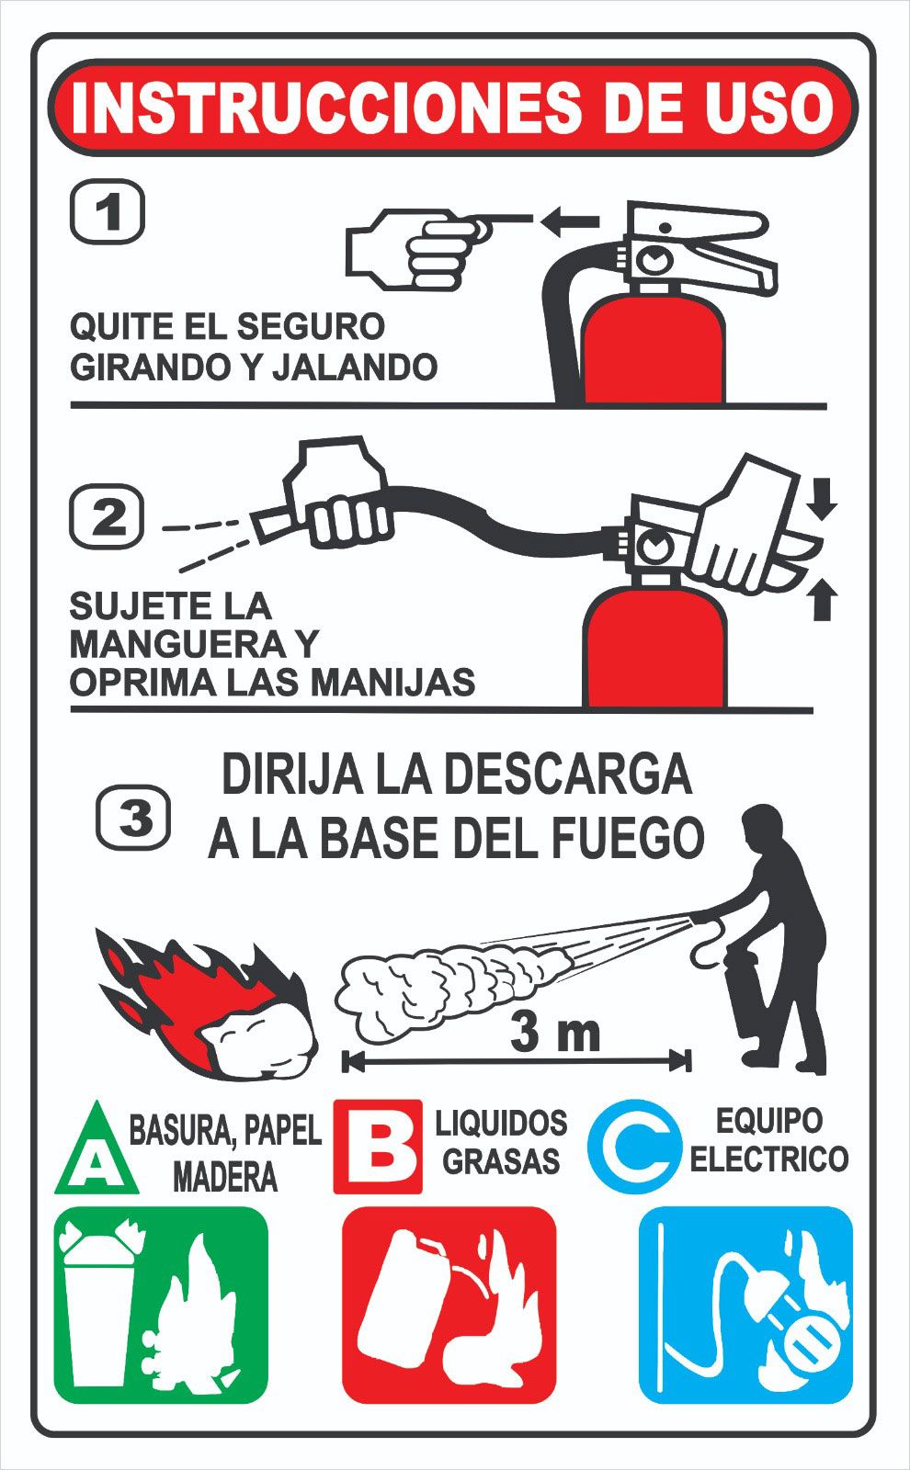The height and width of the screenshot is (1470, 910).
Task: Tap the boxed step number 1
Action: coord(107,212)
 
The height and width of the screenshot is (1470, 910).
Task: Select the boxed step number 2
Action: coord(107,515)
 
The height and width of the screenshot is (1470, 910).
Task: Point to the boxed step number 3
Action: coord(134,818)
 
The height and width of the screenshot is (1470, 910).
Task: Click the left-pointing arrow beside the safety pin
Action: coord(570,221)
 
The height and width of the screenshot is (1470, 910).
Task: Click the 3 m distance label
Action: coord(555,1034)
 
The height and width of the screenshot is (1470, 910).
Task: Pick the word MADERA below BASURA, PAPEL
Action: coord(225,1177)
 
